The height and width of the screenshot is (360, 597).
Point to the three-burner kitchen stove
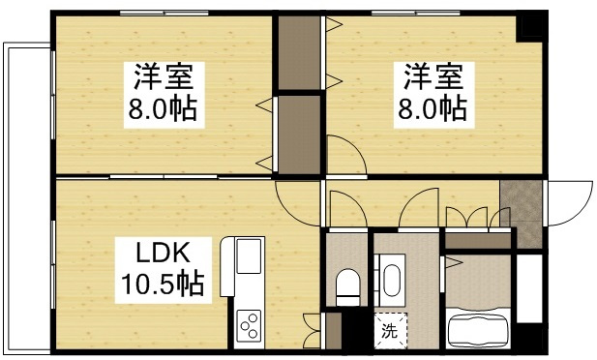(249, 323)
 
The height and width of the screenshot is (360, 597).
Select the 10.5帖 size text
(161, 285)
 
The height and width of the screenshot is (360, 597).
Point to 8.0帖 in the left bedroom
(163, 108)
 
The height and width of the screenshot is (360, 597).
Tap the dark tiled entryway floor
(522, 204)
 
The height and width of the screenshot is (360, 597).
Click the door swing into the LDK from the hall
(298, 203)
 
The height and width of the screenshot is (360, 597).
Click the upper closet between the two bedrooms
(300, 53)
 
